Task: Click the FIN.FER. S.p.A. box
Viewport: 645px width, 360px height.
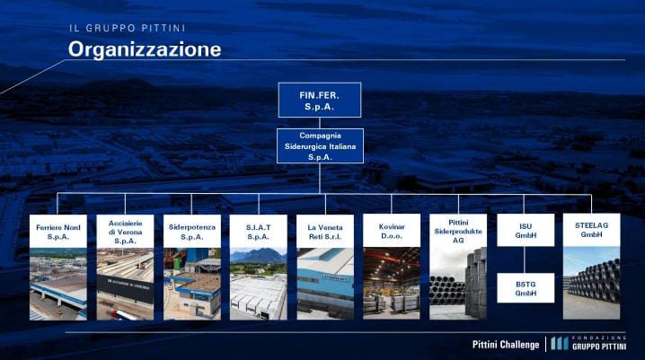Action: click(320, 100)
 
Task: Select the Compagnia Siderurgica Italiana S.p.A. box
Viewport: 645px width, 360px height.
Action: click(320, 146)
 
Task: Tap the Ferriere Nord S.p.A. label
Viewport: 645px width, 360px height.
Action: click(58, 232)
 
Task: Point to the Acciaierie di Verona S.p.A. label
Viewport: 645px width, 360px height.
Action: click(125, 232)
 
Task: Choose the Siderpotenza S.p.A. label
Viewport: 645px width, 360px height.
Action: click(192, 232)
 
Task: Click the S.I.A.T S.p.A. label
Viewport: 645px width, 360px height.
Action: click(259, 232)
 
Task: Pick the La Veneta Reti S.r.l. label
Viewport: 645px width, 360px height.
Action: click(325, 232)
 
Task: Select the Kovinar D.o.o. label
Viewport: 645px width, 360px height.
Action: click(392, 231)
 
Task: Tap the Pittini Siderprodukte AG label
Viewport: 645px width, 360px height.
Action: click(458, 231)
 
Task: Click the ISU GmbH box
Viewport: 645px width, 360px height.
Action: click(526, 230)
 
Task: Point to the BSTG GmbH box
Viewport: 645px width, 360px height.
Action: click(526, 288)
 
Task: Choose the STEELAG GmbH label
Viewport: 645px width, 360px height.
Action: click(591, 230)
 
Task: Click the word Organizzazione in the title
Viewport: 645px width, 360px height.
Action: click(145, 49)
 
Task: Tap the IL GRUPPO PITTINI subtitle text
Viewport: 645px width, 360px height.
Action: click(128, 28)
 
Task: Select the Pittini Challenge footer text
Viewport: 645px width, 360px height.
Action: click(506, 345)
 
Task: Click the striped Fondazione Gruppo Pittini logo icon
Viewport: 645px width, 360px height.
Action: click(559, 344)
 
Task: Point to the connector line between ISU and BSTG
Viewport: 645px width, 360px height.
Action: click(525, 259)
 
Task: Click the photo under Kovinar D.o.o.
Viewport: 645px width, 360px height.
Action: click(392, 284)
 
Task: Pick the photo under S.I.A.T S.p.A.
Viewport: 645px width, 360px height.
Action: click(259, 284)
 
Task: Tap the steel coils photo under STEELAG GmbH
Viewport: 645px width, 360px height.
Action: click(591, 283)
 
